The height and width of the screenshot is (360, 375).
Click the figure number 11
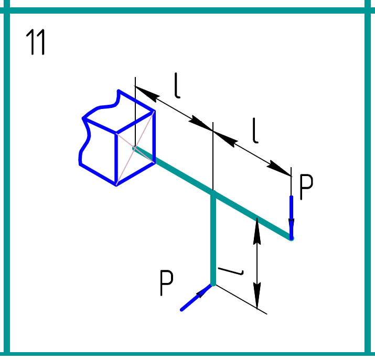pos(36,43)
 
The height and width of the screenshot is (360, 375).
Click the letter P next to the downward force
pos(306,188)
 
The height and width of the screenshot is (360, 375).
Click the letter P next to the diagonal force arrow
pos(166,283)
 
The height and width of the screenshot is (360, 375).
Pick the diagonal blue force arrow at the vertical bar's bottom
pos(195,298)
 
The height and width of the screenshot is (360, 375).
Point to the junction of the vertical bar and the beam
pos(213,194)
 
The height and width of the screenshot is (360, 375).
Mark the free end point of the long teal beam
pos(291,238)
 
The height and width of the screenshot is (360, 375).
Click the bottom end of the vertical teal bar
pos(213,283)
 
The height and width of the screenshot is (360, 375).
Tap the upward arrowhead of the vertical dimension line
pos(257,228)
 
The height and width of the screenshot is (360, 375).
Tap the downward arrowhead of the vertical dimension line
pos(257,299)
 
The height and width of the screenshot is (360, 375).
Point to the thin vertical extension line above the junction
pos(213,157)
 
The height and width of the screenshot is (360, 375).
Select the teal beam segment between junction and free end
pos(252,216)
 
